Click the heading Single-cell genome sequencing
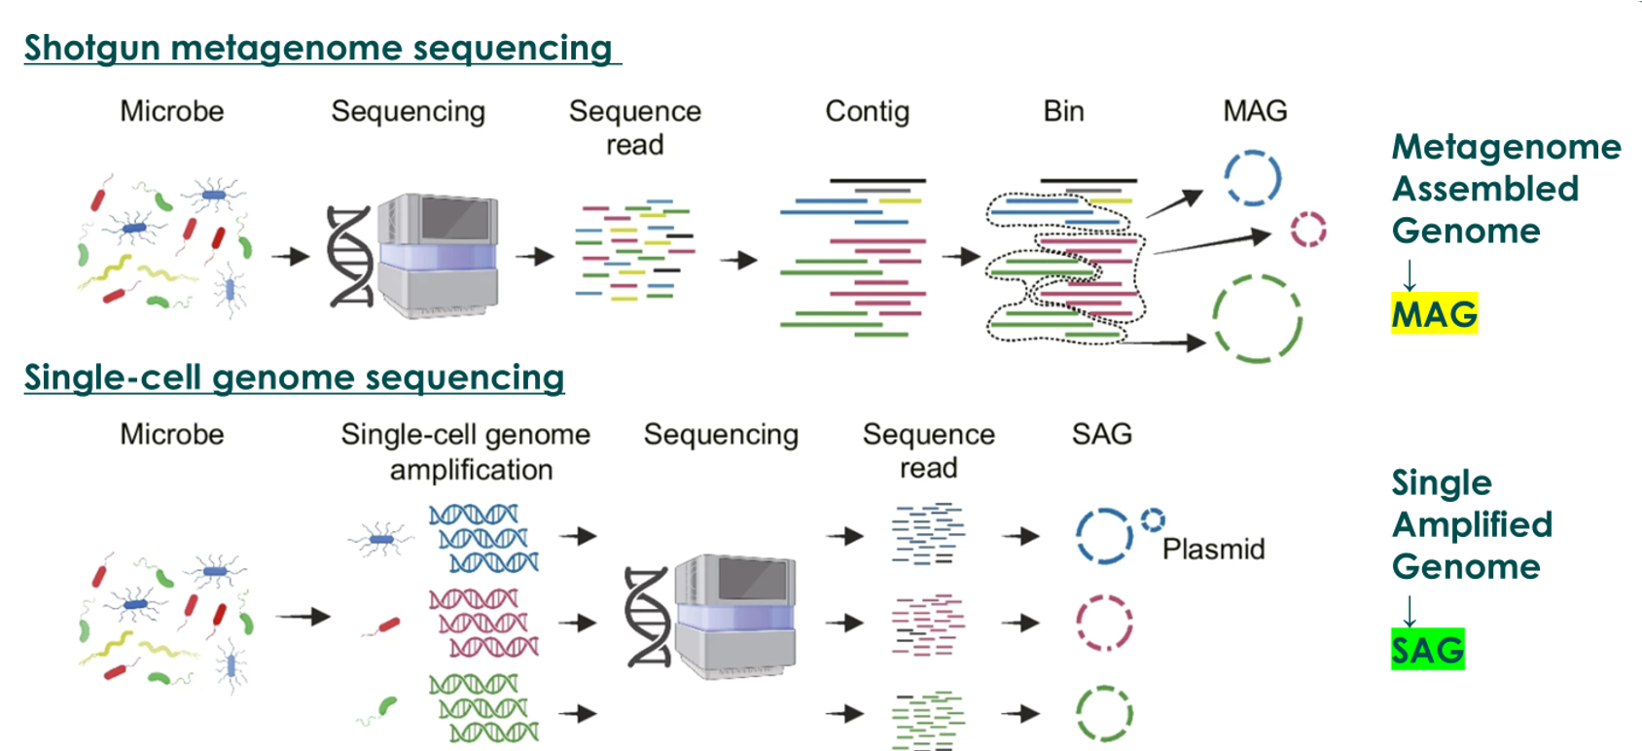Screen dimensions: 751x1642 click(294, 377)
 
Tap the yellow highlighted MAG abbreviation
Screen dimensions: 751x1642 click(1434, 314)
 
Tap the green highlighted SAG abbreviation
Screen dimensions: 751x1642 click(1427, 650)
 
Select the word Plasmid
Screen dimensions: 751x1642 click(1213, 550)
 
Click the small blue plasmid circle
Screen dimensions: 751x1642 click(1153, 520)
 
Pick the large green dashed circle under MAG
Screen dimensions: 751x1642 click(1257, 319)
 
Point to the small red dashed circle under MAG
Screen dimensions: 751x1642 click(1308, 231)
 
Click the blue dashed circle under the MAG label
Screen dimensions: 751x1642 click(1252, 178)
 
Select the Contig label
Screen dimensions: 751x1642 click(867, 112)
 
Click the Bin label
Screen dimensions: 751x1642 click(1063, 112)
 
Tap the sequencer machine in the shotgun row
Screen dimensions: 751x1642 click(437, 255)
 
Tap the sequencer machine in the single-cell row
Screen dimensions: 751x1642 click(734, 616)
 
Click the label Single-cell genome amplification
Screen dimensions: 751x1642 click(466, 451)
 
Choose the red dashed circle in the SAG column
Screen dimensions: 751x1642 click(1104, 623)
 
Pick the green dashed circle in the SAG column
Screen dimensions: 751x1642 click(1104, 713)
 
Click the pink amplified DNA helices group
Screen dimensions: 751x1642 click(483, 623)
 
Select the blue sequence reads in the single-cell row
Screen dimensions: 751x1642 click(928, 534)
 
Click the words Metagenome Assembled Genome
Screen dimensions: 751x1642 click(1506, 189)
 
